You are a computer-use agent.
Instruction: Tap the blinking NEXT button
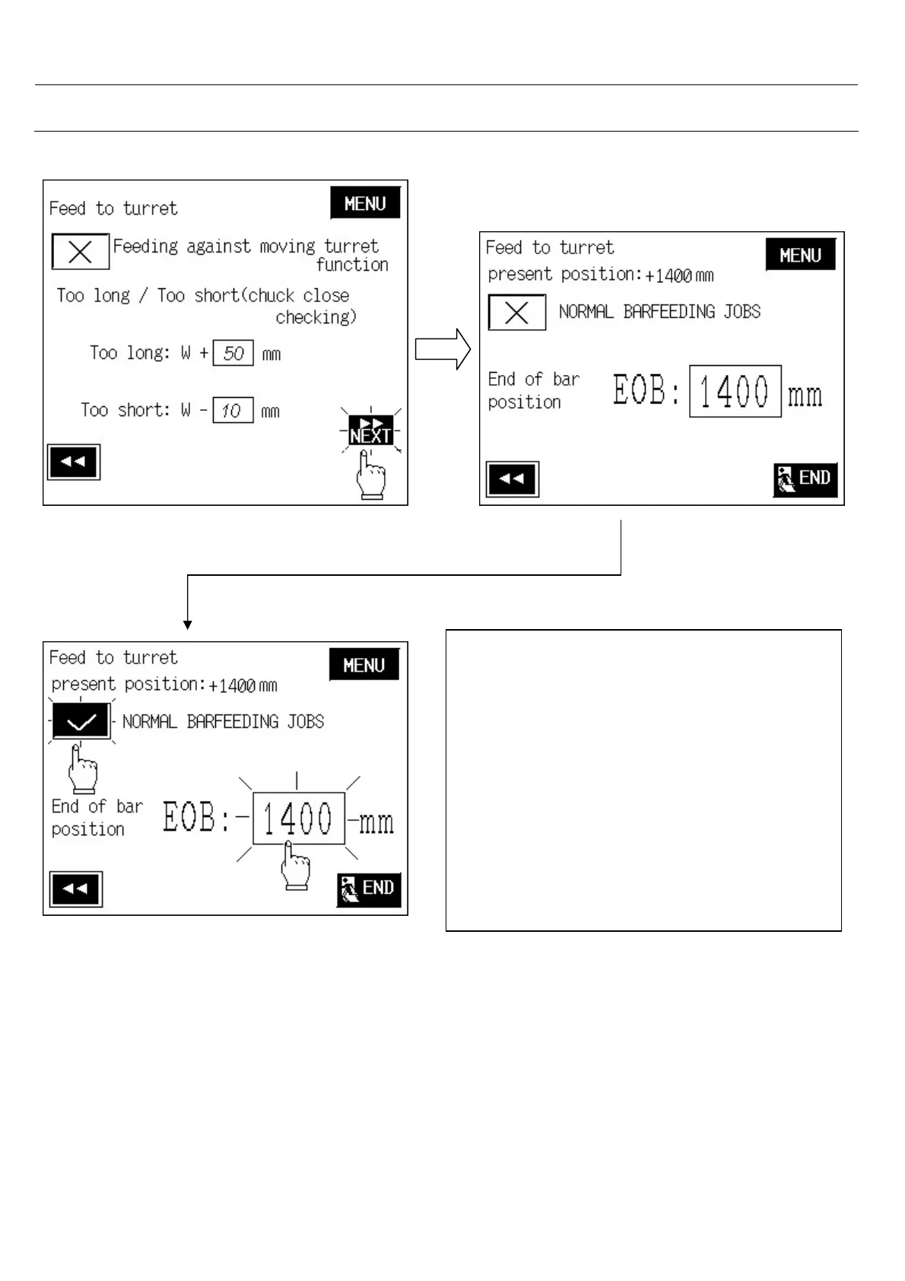(370, 431)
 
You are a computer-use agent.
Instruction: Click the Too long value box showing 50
(233, 353)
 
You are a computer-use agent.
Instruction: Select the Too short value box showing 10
(232, 411)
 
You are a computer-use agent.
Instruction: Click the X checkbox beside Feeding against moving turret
(80, 252)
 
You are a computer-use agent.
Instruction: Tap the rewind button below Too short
(74, 462)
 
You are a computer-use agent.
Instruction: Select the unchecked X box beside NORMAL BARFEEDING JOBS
(517, 313)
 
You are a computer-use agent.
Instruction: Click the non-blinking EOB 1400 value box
(735, 392)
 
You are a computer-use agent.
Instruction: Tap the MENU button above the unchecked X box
(800, 255)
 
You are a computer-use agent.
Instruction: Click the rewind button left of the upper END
(513, 479)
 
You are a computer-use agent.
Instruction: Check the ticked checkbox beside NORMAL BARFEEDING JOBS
(81, 721)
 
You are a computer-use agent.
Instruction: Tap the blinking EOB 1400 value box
(298, 819)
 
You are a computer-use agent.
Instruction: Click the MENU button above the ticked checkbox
(364, 665)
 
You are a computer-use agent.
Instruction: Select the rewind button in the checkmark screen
(76, 888)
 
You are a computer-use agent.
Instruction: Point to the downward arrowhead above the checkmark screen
(188, 625)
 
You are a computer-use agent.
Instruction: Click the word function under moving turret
(352, 265)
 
